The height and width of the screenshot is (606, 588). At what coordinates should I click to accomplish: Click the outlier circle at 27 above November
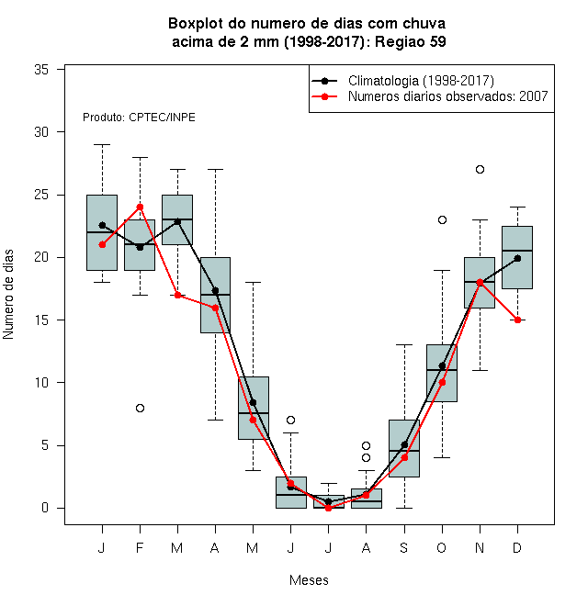click(480, 169)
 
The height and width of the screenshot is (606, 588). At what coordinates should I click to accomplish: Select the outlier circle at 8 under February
click(140, 408)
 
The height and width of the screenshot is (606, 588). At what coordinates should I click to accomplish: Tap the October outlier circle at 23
click(442, 220)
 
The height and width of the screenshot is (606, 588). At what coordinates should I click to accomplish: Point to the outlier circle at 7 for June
click(291, 421)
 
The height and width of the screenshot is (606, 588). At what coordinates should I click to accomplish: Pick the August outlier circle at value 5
click(366, 445)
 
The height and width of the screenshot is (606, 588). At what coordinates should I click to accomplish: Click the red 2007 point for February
click(140, 208)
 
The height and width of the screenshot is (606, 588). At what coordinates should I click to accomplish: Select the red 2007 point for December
click(517, 320)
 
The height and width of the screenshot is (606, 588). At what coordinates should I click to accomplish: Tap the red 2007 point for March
click(177, 296)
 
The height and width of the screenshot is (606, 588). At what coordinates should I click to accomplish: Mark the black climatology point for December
click(517, 258)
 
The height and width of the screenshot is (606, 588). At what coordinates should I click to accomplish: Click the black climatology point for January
click(102, 225)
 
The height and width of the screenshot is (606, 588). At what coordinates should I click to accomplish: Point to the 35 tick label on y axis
click(41, 70)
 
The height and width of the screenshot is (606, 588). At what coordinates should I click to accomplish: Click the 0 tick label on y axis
click(45, 508)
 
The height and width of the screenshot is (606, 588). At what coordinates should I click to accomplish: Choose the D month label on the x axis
click(517, 547)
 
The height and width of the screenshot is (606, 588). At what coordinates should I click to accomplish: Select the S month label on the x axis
click(404, 547)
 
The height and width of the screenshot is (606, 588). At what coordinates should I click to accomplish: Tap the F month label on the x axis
click(140, 547)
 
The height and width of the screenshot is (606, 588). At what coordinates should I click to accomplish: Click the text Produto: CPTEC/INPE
click(139, 118)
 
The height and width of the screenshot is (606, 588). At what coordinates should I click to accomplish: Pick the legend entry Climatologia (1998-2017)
click(403, 81)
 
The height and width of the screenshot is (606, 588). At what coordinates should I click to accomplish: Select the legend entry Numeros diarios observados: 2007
click(430, 96)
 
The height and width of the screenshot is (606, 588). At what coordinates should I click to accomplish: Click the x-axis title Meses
click(309, 580)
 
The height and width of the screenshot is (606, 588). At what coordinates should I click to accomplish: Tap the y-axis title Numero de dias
click(8, 295)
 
